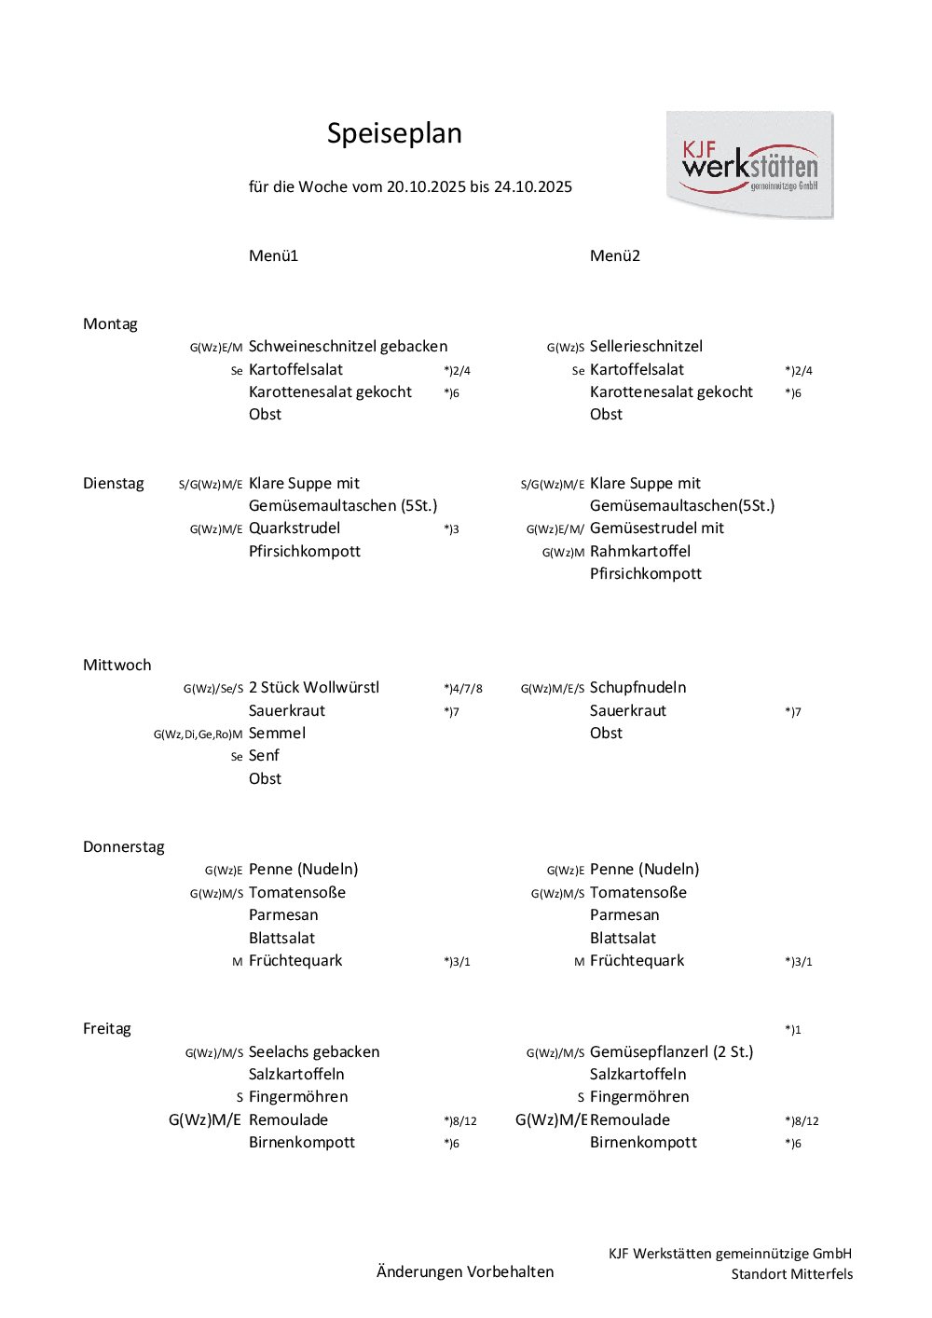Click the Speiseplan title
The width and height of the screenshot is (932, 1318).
tap(394, 133)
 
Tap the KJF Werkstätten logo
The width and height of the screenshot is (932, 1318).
tap(749, 165)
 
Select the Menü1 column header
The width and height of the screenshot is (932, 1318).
tap(273, 255)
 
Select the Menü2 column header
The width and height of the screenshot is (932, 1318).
tap(614, 255)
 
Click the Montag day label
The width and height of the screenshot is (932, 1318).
tap(110, 323)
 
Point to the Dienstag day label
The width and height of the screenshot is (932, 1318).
tap(114, 483)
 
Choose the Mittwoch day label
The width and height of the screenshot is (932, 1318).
tap(116, 665)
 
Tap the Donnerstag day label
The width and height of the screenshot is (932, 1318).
tap(123, 846)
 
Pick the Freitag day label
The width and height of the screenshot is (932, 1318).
tap(107, 1028)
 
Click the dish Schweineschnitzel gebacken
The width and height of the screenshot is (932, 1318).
tap(348, 346)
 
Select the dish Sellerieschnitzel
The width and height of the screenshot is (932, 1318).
tap(646, 346)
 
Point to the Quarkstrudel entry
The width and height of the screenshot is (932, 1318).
tap(295, 528)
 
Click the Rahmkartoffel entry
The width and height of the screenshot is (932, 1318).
tap(640, 551)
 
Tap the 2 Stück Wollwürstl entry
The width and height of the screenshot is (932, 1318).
tap(314, 687)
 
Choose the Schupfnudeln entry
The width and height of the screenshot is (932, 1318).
tap(637, 687)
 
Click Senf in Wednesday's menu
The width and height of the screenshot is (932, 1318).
tap(264, 755)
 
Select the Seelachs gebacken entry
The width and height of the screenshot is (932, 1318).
tap(314, 1051)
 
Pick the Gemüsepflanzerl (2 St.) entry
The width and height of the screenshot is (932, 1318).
tap(671, 1051)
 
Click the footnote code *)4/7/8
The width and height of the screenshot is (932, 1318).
tap(463, 689)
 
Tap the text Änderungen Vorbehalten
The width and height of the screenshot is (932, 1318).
tap(465, 1271)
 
